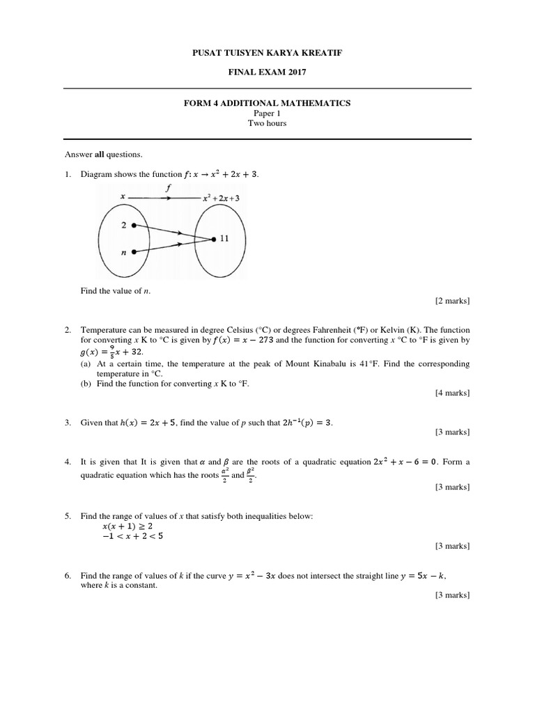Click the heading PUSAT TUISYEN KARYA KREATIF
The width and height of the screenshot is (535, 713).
[267, 53]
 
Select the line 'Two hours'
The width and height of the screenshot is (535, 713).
[267, 123]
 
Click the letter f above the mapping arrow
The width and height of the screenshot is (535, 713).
[169, 187]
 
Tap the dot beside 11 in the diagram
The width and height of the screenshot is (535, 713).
[213, 239]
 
